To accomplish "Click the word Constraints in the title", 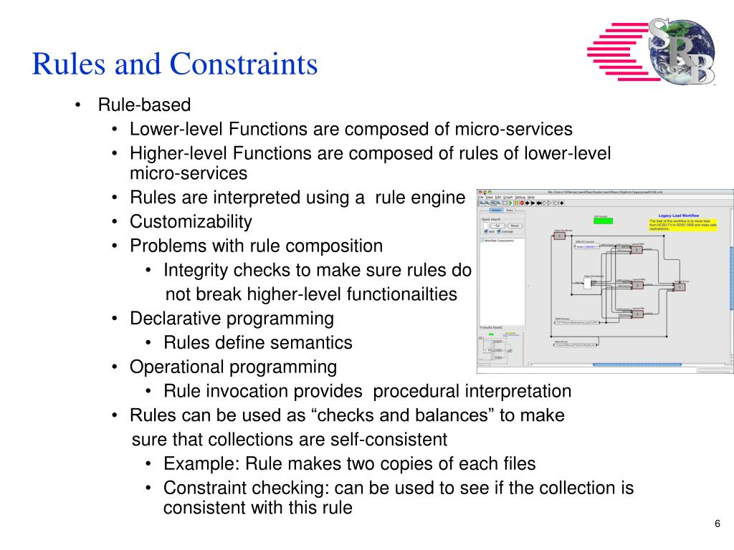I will [243, 65].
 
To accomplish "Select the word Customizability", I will [191, 221].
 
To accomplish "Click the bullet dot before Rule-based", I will [77, 105].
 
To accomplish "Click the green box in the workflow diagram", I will [603, 221].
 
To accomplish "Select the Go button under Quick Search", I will [493, 226].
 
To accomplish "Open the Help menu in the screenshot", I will [531, 196].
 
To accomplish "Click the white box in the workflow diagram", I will [587, 284].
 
